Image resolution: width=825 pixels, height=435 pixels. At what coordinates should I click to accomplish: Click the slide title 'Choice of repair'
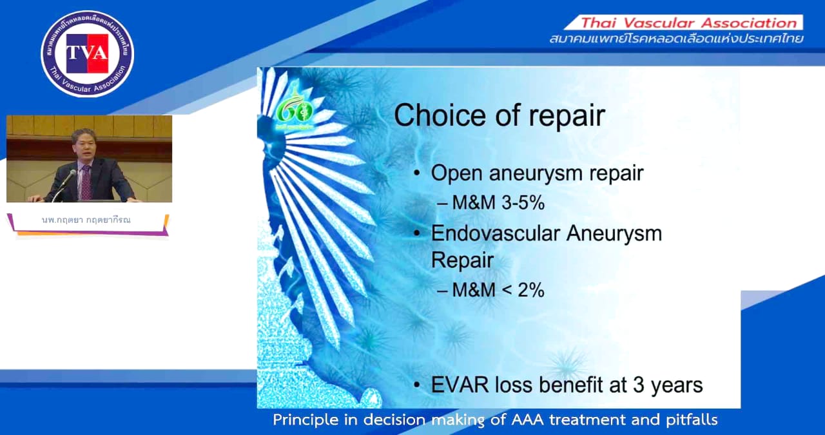pos(500,116)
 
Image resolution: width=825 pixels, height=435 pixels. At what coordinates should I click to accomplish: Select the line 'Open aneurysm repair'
pos(537,173)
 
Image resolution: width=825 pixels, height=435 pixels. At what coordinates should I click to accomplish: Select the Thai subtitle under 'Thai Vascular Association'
pos(676,39)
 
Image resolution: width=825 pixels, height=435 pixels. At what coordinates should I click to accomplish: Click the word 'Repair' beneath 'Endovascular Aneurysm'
pos(462,260)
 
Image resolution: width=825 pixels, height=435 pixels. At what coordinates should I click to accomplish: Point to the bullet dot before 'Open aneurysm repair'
pos(418,174)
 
